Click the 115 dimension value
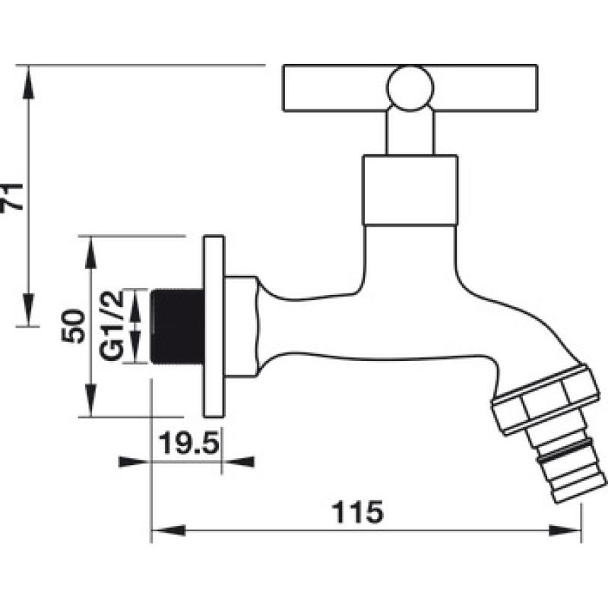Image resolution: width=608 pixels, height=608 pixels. point(358,511)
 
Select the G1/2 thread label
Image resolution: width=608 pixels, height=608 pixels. point(112,325)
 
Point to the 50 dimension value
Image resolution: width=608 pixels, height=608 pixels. point(73,326)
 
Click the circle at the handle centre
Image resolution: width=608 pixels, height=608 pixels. point(410,88)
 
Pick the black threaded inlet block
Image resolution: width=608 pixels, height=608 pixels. point(177,327)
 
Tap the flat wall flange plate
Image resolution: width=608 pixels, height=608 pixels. point(214,327)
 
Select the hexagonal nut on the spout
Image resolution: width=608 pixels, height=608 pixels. point(543,398)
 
